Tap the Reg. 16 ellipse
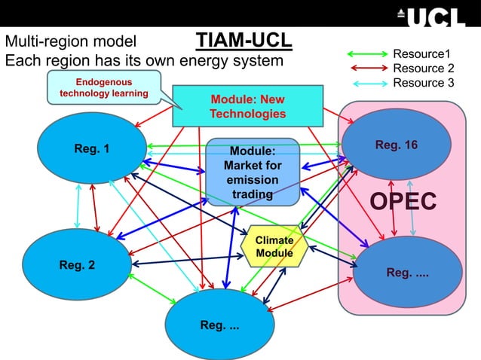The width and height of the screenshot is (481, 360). point(396,144)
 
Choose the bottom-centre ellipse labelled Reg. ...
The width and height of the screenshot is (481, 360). point(219,325)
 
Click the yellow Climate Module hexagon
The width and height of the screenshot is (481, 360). point(274,246)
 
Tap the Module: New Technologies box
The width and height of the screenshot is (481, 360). point(247,106)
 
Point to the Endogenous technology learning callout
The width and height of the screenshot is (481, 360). point(103,88)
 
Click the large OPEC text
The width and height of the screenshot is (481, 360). point(403,202)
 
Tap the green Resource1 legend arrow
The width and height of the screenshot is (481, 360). point(366,54)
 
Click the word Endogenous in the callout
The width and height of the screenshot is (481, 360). point(103,82)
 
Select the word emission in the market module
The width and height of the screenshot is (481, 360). point(253,181)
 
